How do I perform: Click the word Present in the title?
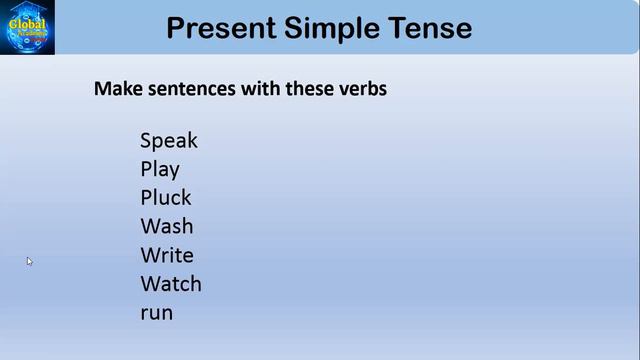[x=221, y=28]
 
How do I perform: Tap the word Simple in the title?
[x=336, y=28]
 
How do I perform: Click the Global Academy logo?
[x=27, y=27]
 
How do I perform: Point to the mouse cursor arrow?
[x=29, y=261]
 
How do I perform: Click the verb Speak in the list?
[x=169, y=141]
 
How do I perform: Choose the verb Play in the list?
[x=160, y=170]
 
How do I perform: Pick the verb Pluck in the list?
[x=166, y=198]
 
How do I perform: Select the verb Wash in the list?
[x=167, y=226]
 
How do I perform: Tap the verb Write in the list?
[x=167, y=255]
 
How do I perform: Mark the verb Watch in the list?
[x=171, y=284]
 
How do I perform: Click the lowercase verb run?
[x=156, y=313]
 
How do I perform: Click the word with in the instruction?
[x=259, y=88]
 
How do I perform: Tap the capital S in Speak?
[x=146, y=141]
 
